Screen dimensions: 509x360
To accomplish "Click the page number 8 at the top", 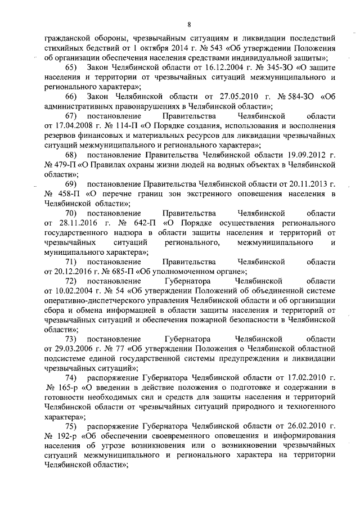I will pyautogui.click(x=190, y=24).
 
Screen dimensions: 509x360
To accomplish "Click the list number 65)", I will pyautogui.click(x=71, y=67).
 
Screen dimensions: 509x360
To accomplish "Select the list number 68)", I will pyautogui.click(x=71, y=154).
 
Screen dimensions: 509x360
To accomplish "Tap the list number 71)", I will pyautogui.click(x=71, y=262).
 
